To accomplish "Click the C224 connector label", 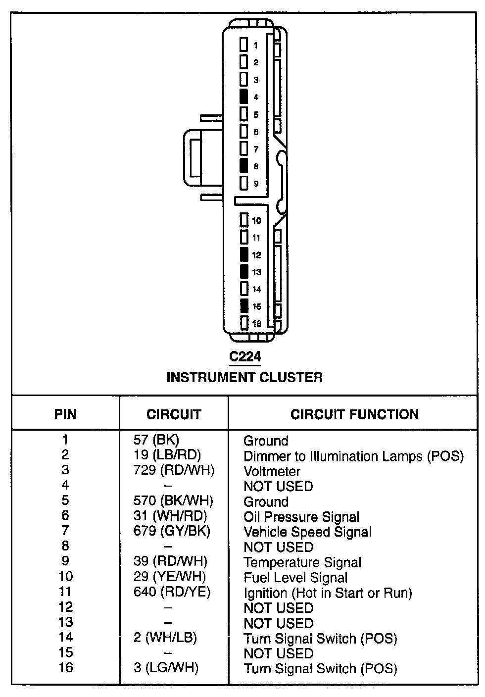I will click(x=244, y=356).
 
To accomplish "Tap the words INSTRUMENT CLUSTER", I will click(x=244, y=377).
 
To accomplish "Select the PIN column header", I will click(x=65, y=414).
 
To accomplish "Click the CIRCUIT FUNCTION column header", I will click(x=354, y=414).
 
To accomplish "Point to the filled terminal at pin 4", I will click(x=243, y=97).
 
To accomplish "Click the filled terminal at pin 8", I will click(x=243, y=166).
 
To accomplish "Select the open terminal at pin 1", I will click(x=243, y=45).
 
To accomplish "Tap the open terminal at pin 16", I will click(x=243, y=323).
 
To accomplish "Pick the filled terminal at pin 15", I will click(x=243, y=306).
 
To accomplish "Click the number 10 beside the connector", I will click(x=256, y=221).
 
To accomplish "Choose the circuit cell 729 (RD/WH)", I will click(x=174, y=470).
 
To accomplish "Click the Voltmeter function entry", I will click(x=272, y=471).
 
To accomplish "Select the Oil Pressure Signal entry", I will click(x=301, y=517).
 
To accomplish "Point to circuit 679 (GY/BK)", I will click(x=172, y=531).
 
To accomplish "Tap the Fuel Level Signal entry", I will click(x=295, y=578).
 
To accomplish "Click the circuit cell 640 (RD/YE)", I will click(x=172, y=592).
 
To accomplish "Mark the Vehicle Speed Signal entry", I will click(x=307, y=532).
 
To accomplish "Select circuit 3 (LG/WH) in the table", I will click(x=166, y=668).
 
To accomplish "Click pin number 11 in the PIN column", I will click(x=65, y=592).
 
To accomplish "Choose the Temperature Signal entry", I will click(x=302, y=563).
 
